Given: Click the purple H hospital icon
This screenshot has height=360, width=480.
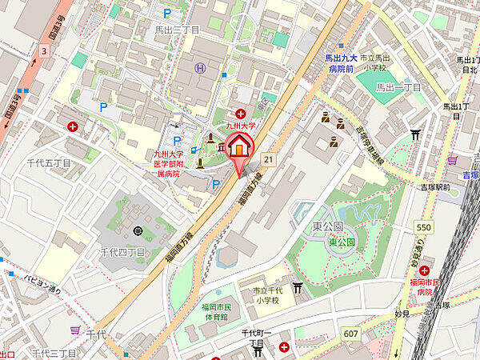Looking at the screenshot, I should coord(200,69).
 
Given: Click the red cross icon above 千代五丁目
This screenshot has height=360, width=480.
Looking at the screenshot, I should coord(74,126).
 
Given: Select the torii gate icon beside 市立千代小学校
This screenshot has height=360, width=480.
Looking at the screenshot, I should coord(298,287).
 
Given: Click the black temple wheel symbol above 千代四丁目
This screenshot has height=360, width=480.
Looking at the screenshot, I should coord(138,231).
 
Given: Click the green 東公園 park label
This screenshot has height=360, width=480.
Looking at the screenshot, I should coord(342,242).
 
